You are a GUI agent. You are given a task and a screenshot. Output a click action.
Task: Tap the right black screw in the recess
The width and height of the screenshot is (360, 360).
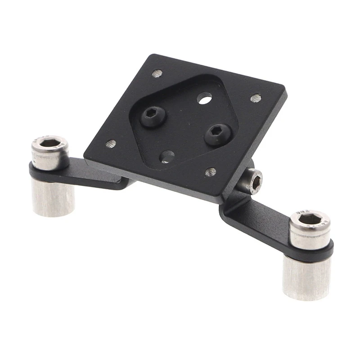point(218,134)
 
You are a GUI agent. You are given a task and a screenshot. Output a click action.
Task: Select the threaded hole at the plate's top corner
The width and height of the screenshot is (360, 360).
point(157,73)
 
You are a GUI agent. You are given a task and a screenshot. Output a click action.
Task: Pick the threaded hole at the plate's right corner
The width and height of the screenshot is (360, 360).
point(256,98)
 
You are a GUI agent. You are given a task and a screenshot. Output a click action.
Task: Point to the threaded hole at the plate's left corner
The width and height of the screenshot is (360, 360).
point(111,144)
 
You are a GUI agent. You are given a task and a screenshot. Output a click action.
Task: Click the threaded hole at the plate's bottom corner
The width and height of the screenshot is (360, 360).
point(211,172)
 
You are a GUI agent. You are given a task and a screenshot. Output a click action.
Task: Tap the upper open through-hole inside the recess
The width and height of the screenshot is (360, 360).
point(204,98)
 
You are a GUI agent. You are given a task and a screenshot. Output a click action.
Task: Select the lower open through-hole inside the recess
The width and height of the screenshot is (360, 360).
point(167,157)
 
